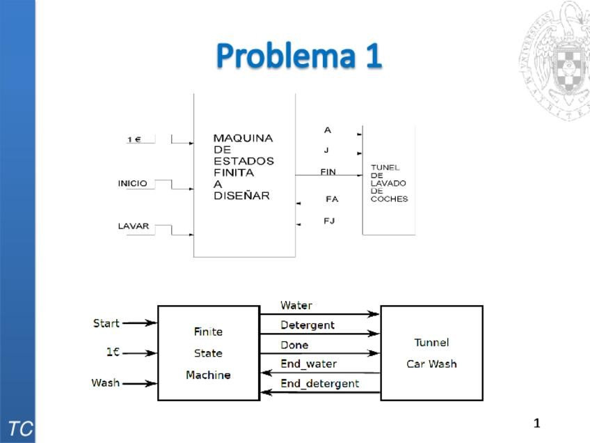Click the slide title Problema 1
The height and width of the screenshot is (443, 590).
(298, 56)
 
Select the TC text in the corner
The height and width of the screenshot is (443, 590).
(19, 428)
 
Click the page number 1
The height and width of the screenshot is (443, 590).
(536, 423)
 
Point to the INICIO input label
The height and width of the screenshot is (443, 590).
(132, 184)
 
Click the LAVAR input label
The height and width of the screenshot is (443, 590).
(133, 226)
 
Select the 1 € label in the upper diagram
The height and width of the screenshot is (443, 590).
(134, 140)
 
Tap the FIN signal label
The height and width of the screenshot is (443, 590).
(328, 172)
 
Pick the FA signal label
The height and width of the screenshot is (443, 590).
(332, 199)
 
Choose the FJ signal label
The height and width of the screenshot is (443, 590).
(330, 221)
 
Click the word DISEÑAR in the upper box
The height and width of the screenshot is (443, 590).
(241, 196)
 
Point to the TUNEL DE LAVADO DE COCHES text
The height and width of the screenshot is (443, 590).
(388, 183)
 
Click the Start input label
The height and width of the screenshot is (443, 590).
(106, 323)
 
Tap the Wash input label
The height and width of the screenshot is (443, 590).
(105, 383)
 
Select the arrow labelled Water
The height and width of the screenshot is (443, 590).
(320, 314)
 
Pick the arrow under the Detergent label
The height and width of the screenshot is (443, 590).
(320, 334)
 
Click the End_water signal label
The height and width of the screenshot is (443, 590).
(308, 364)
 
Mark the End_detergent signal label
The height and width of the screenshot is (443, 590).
(319, 383)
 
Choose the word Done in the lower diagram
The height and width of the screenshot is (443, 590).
(294, 345)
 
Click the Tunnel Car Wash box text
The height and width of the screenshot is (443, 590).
(431, 353)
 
